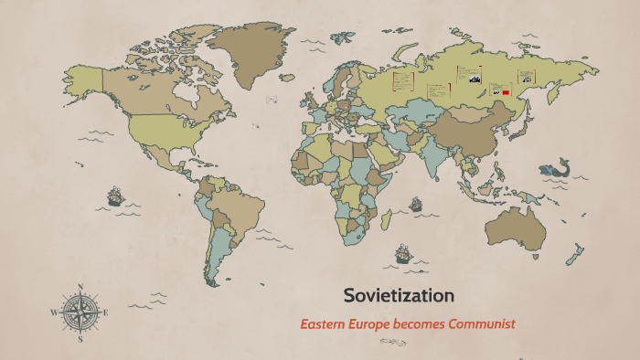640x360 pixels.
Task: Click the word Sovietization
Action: point(399,296)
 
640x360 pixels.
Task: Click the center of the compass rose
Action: point(80,312)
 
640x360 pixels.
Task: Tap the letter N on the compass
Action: point(80,287)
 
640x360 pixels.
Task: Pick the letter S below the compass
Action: point(80,338)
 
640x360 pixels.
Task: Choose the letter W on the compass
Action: point(53,312)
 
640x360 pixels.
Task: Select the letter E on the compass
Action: point(106,312)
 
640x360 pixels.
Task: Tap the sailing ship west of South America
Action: point(115,195)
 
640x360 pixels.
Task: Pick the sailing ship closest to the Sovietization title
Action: point(402,252)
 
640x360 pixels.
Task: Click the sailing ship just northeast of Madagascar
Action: point(416,203)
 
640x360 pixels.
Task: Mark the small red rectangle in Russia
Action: point(504,92)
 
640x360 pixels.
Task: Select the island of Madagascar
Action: point(387,219)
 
